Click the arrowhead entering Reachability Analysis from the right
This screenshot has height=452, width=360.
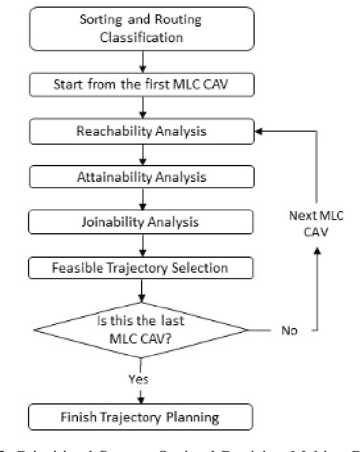[x=259, y=131]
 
